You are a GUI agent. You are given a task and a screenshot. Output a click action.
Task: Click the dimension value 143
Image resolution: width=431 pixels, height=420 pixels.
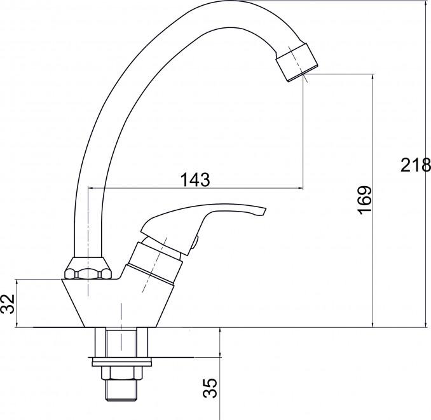point(195,180)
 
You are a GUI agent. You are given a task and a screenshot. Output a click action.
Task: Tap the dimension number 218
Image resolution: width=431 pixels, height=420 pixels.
point(416,165)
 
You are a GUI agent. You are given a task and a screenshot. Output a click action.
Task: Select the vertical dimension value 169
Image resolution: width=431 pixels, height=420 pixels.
point(364,200)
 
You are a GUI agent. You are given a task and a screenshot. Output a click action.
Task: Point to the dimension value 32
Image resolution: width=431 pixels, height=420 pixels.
point(8,304)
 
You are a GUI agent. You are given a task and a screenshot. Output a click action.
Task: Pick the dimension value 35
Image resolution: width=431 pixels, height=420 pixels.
point(210,388)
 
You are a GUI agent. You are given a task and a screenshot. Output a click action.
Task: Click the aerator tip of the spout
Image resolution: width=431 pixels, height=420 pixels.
point(297,63)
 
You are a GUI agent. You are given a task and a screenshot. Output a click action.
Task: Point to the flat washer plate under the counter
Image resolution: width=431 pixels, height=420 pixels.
point(122,362)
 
